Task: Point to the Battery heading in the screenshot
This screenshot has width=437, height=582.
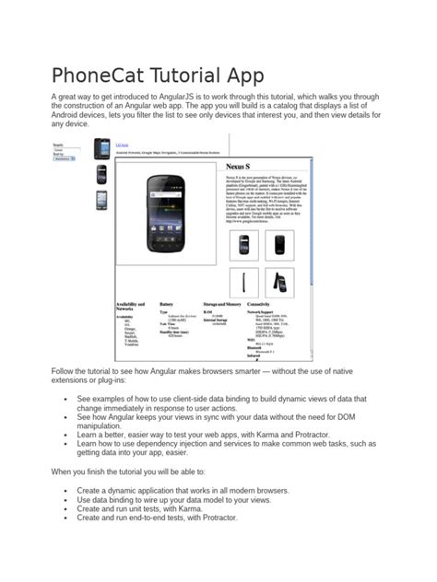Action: coord(166,302)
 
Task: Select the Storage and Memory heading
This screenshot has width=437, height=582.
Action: coord(222,302)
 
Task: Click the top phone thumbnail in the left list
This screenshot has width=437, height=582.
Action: coord(102,146)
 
